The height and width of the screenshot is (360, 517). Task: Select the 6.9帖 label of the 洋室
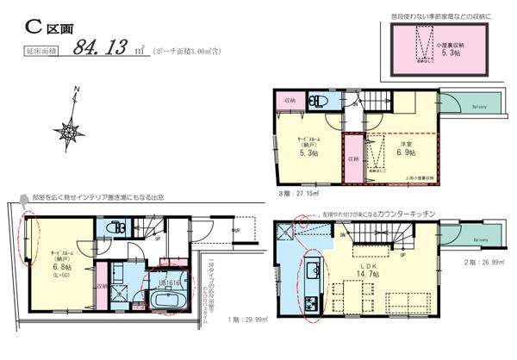point(405,152)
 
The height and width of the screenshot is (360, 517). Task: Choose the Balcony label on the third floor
point(480,107)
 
